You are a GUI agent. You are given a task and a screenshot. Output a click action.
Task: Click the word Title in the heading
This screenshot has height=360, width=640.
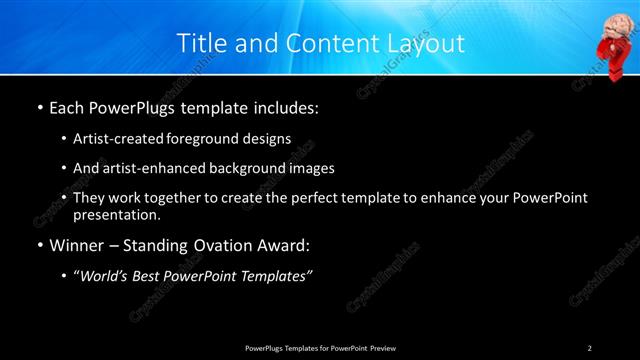tap(200, 43)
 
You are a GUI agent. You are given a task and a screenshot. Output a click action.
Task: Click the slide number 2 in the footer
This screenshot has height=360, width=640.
tap(589, 347)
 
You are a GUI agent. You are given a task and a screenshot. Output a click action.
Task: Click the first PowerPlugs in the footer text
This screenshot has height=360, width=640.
tap(265, 347)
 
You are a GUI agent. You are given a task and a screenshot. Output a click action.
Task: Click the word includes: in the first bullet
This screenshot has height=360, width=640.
tap(282, 105)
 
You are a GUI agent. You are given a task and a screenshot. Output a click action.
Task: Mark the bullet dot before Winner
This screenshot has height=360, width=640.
tap(39, 245)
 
